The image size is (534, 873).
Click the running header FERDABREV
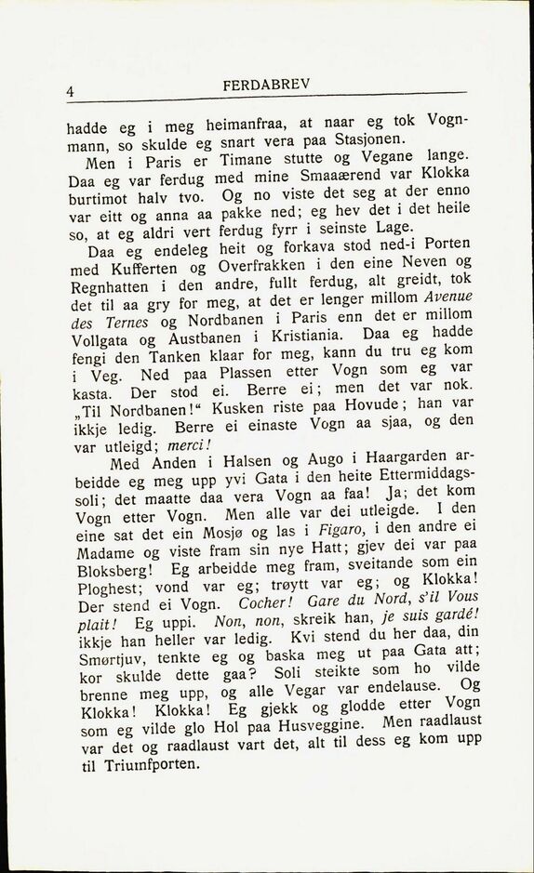pos(266,85)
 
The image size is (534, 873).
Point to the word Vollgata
pos(100,339)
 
